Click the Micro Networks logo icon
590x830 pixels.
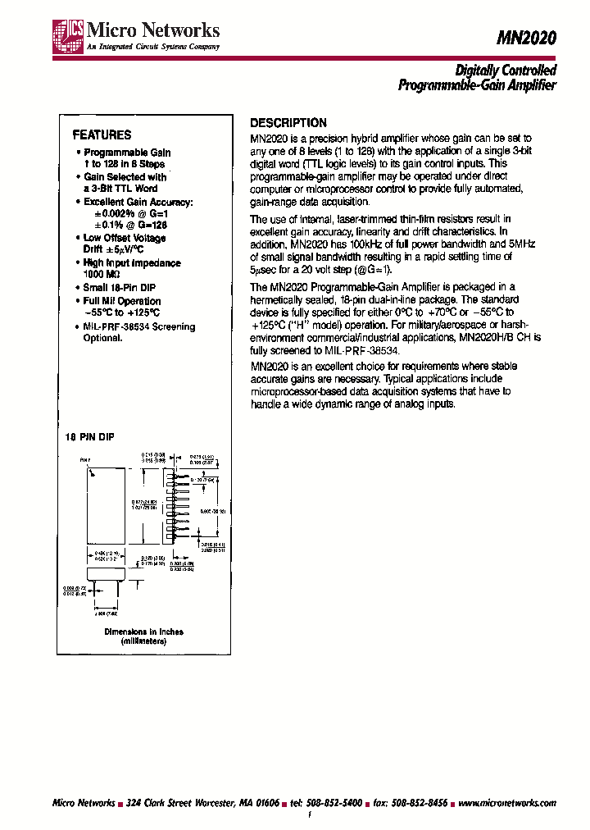[x=63, y=37]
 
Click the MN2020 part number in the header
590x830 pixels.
[x=528, y=37]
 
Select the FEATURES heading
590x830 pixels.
[x=102, y=135]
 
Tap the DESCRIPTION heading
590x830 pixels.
[x=288, y=123]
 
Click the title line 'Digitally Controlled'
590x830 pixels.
[x=505, y=71]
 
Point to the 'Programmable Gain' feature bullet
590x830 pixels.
[x=127, y=153]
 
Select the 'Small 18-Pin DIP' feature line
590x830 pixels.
[x=120, y=288]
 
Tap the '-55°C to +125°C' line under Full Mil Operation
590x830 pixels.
[x=121, y=312]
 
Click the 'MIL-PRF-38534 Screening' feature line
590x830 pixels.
[x=139, y=326]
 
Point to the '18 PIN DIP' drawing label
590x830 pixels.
[x=90, y=438]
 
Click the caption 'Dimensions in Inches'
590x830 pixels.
[x=143, y=632]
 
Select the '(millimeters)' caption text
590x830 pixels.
[x=143, y=641]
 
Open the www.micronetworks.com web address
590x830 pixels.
[x=506, y=803]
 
